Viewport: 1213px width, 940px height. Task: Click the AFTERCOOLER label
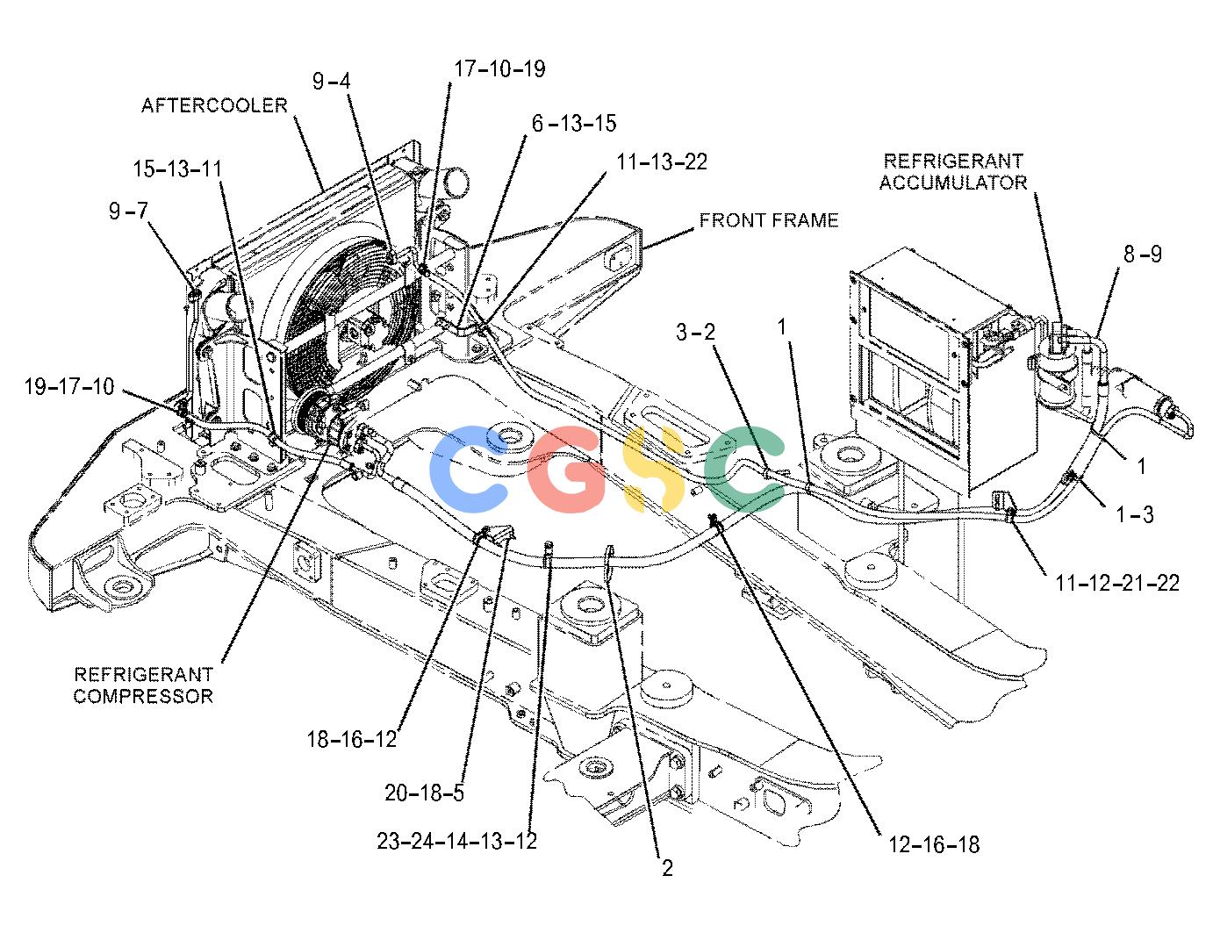[x=214, y=105]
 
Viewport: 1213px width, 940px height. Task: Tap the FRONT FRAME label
[x=769, y=220]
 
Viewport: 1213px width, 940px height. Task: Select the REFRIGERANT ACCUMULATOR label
[x=953, y=171]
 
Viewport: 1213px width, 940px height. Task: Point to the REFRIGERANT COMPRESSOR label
[x=143, y=685]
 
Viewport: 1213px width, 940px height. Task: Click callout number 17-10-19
[x=499, y=68]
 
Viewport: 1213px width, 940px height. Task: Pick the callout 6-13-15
[x=574, y=123]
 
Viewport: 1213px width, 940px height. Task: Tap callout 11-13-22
[x=662, y=161]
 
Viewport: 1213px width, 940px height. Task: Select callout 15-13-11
[x=177, y=169]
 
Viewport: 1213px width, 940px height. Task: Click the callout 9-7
[x=128, y=211]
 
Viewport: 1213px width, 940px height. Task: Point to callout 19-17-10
[x=69, y=386]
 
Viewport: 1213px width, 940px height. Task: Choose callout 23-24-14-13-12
[x=456, y=841]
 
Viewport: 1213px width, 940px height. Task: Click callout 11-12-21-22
[x=1117, y=583]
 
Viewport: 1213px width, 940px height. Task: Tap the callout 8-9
[x=1142, y=254]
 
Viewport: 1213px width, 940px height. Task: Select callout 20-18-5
[x=424, y=793]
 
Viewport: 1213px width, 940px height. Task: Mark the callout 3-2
[x=695, y=332]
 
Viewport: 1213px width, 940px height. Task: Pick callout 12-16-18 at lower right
[x=933, y=844]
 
